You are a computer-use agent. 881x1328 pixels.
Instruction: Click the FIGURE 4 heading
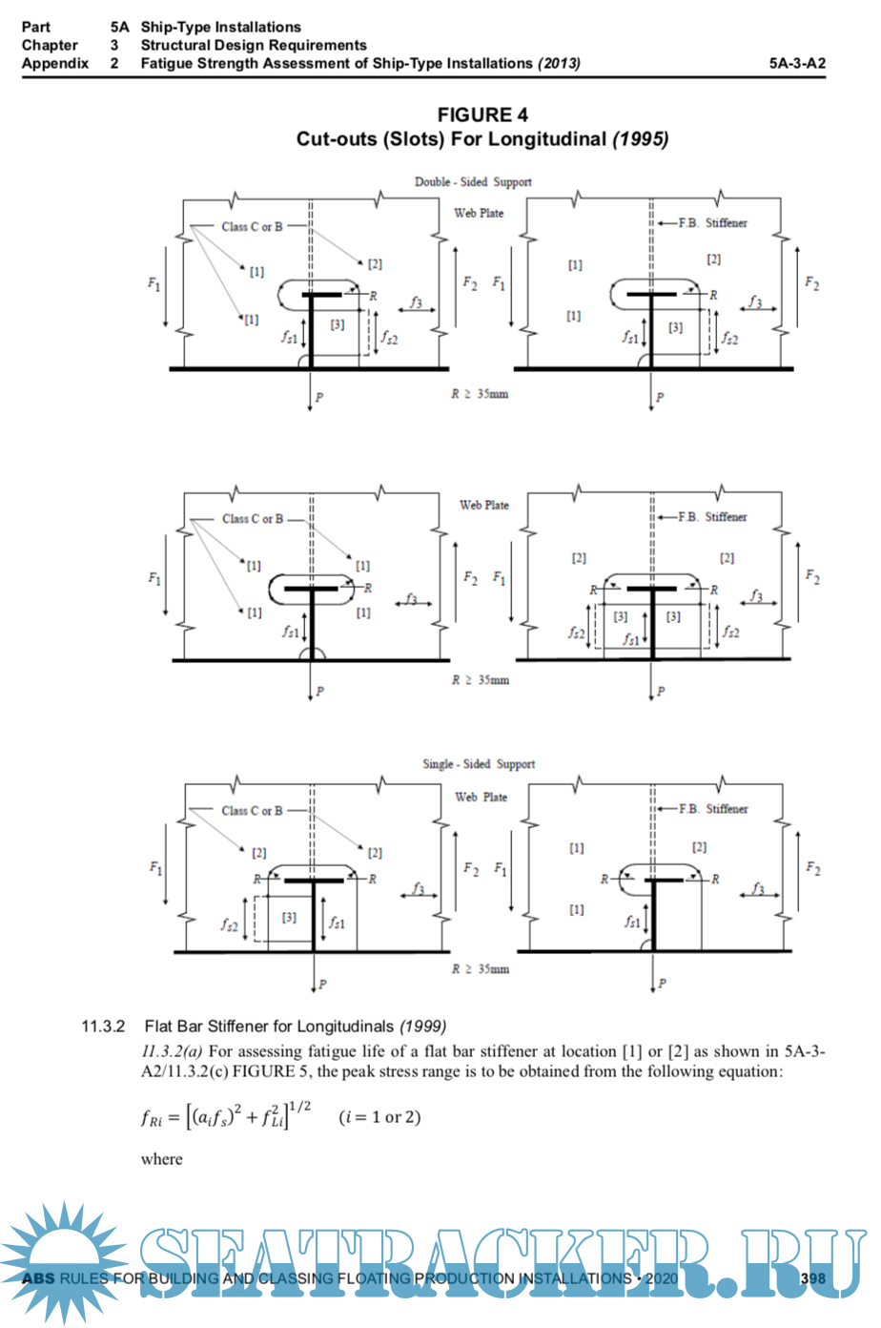481,115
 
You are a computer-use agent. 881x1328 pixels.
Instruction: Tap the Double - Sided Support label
473,181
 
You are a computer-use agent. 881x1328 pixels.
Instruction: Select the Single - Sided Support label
479,764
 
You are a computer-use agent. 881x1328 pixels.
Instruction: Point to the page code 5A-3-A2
797,64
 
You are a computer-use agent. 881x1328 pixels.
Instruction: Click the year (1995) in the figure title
640,139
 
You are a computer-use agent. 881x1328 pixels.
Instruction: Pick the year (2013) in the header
559,64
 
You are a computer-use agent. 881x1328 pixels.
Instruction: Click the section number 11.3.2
103,1027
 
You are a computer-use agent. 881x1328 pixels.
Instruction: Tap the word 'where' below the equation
161,1159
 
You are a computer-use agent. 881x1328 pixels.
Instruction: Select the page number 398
812,1278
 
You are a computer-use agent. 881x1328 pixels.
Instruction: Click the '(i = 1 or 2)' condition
379,1117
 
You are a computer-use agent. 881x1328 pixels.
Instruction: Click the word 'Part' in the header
36,27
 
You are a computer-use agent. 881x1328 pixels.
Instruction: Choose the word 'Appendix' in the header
55,64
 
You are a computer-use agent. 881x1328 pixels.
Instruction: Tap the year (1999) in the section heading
422,1027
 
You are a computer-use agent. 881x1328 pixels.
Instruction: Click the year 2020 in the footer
661,1278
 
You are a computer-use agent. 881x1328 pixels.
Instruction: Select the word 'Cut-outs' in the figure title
337,139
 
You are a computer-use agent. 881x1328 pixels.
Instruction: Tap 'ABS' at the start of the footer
38,1278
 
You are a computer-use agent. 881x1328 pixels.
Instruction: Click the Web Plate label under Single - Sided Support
481,798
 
